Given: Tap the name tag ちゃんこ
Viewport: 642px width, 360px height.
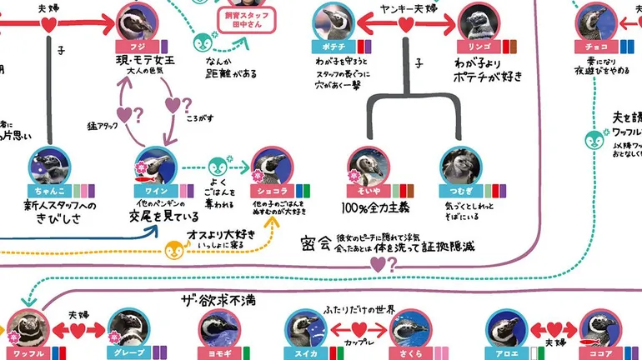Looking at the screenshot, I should (x=46, y=191).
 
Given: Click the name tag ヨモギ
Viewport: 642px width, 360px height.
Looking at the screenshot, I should (x=218, y=352).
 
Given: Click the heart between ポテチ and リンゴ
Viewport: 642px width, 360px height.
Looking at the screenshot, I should (x=404, y=25).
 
